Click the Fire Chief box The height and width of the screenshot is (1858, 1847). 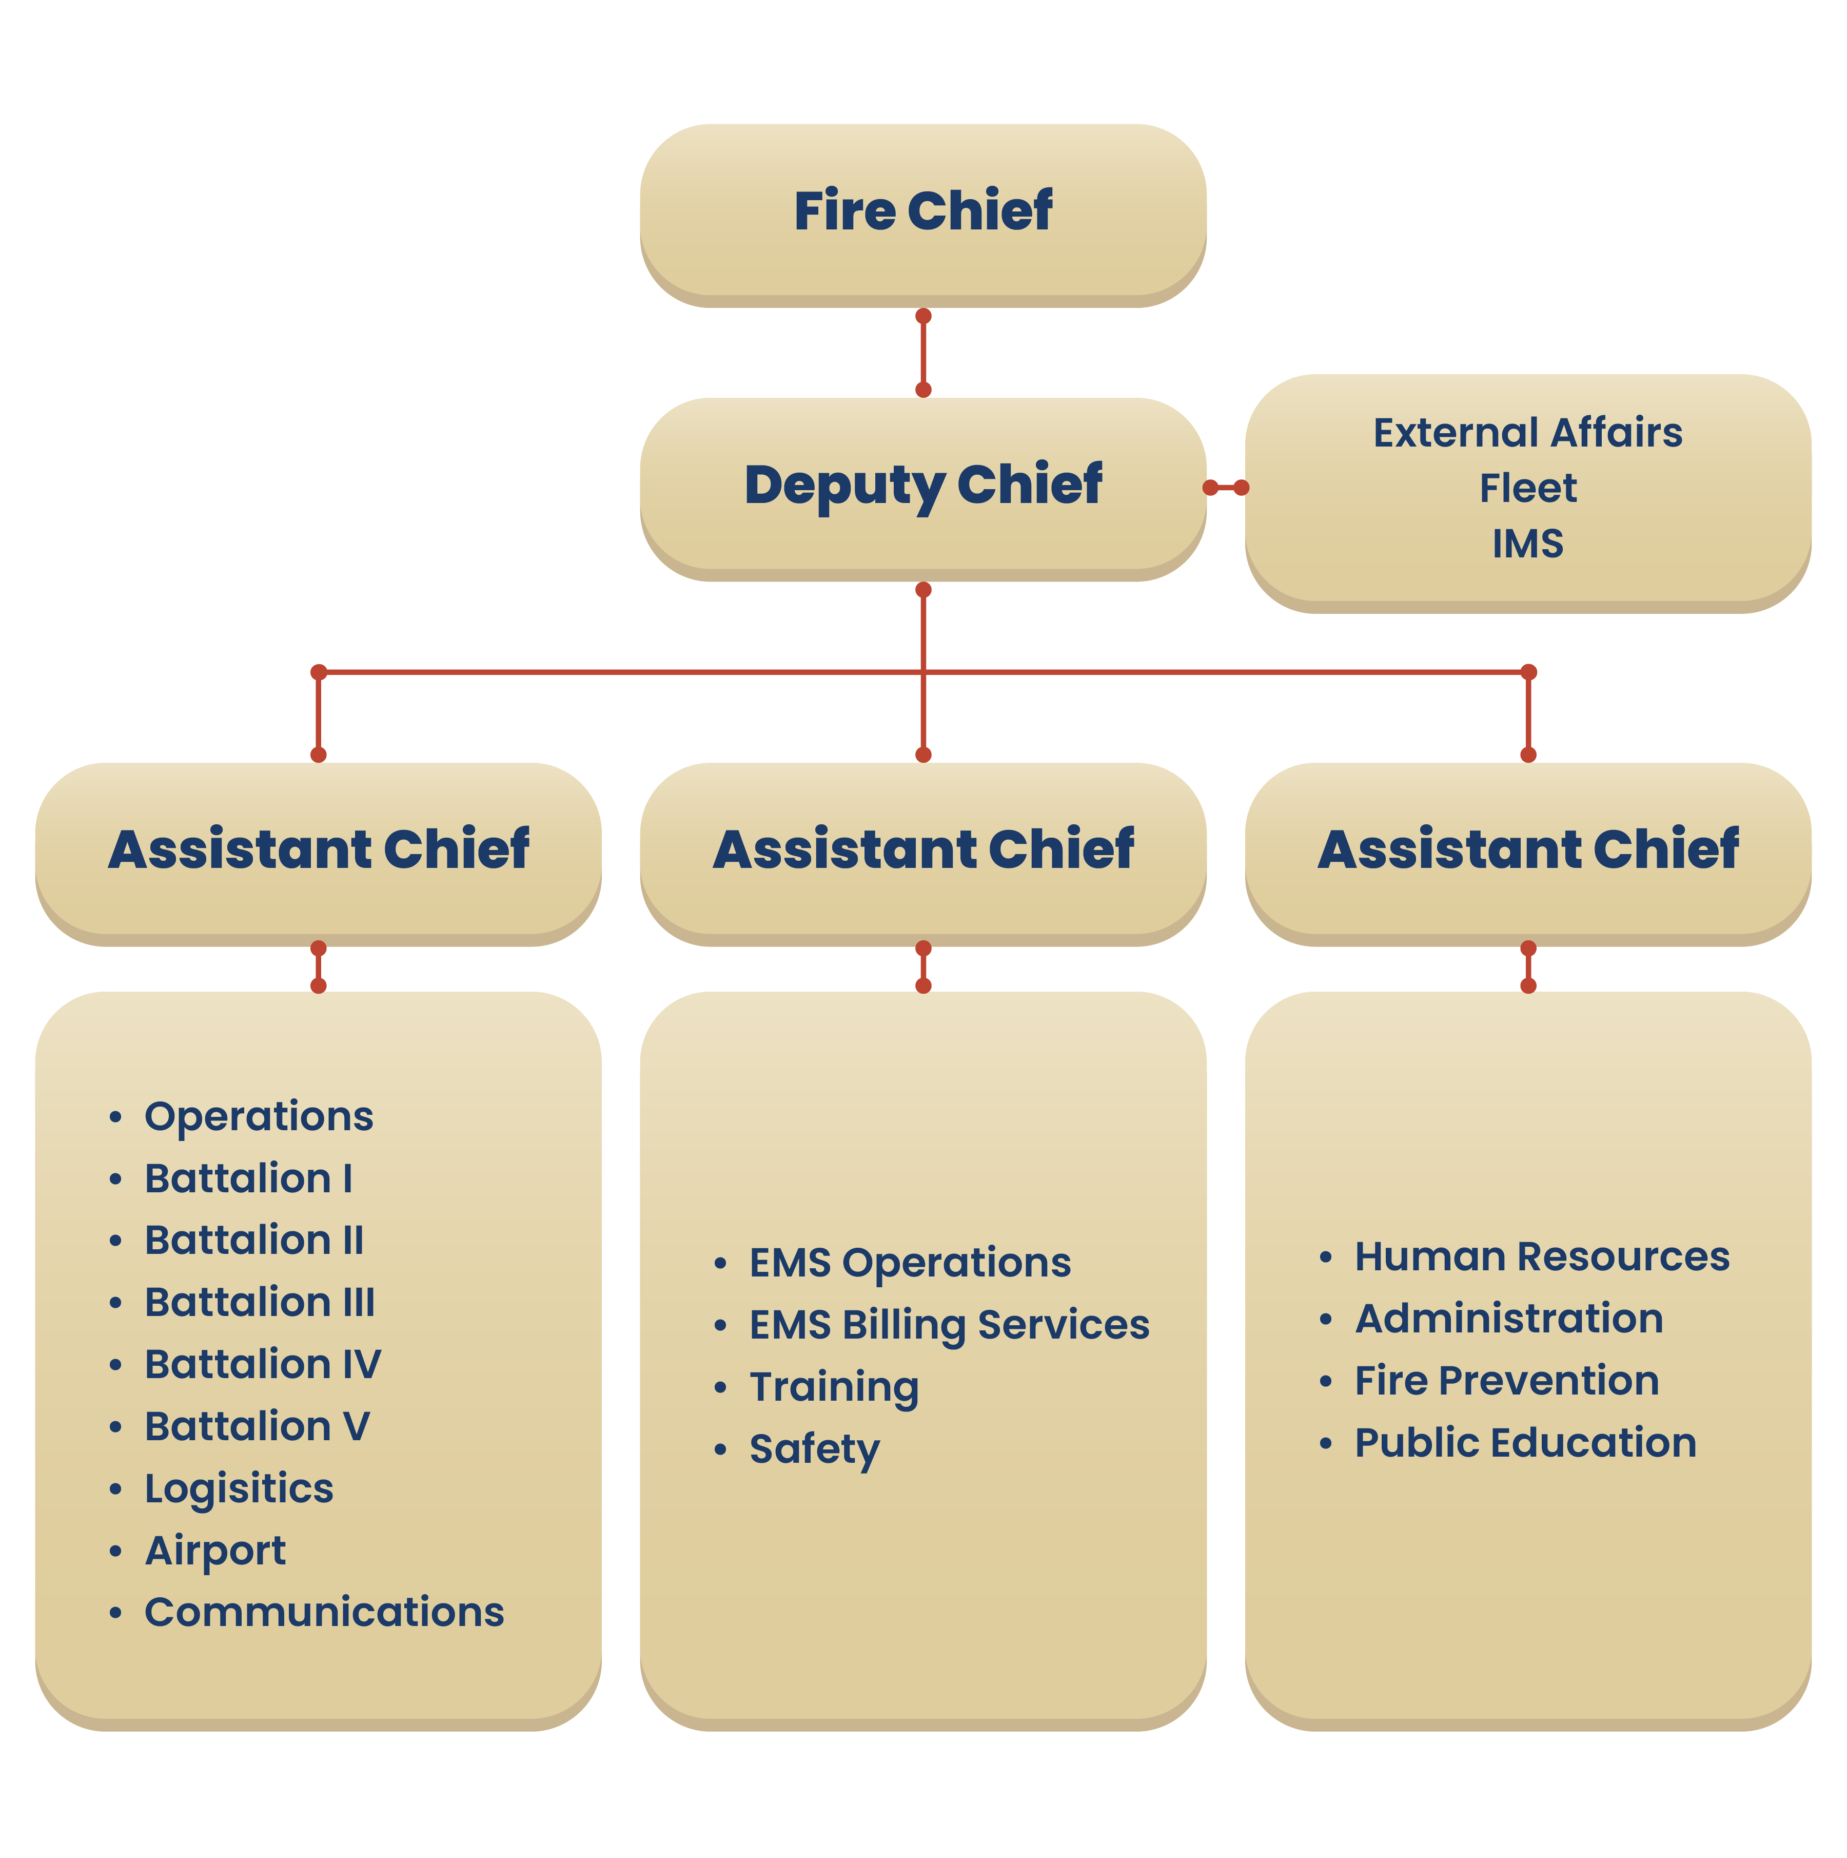(x=923, y=216)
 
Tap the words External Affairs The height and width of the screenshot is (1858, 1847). (x=1528, y=433)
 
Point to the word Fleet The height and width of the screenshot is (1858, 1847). (x=1528, y=489)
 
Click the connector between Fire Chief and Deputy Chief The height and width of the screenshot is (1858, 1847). (x=923, y=353)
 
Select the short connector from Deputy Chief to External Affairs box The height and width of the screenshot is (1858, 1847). (x=1226, y=488)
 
